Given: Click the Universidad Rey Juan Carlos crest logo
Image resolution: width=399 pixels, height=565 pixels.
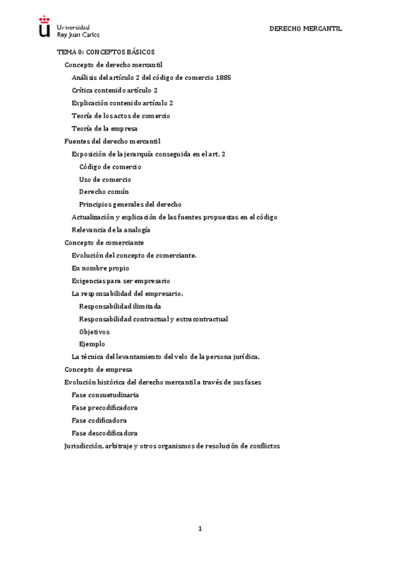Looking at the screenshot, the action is click(x=45, y=27).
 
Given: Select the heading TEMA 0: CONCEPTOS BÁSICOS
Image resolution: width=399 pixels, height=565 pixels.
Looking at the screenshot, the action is click(x=105, y=51).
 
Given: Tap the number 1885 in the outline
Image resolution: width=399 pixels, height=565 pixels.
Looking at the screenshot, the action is click(x=223, y=77).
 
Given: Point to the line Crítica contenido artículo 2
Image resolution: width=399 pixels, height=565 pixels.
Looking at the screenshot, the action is click(x=115, y=90).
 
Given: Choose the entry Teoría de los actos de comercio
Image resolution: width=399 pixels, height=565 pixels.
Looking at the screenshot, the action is click(x=121, y=116).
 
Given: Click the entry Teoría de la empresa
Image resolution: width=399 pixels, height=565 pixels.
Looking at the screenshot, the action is click(x=105, y=129).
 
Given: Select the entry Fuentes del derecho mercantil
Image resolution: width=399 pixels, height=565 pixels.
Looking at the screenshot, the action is click(x=112, y=141).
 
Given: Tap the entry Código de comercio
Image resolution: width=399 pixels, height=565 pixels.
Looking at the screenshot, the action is click(x=110, y=167).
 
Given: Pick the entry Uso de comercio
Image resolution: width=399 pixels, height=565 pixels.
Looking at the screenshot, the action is click(x=105, y=179).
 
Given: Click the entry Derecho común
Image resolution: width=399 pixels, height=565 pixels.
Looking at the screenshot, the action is click(x=103, y=192).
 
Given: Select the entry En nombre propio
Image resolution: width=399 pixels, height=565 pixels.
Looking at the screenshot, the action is click(x=101, y=269).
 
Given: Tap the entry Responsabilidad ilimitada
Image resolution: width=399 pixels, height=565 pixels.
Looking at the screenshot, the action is click(x=120, y=306).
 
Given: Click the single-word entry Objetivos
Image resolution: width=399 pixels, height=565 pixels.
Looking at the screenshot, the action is click(x=94, y=332).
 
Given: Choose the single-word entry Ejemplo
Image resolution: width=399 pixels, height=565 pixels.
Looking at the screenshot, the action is click(x=92, y=344).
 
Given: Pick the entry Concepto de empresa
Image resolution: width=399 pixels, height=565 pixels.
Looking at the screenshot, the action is click(x=98, y=370).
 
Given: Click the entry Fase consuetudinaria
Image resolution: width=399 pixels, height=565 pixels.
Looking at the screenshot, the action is click(x=105, y=395).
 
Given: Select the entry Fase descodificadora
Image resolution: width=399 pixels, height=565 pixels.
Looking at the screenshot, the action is click(x=105, y=433).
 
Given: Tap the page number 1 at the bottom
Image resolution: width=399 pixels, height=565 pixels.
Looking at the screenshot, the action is click(x=199, y=529).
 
